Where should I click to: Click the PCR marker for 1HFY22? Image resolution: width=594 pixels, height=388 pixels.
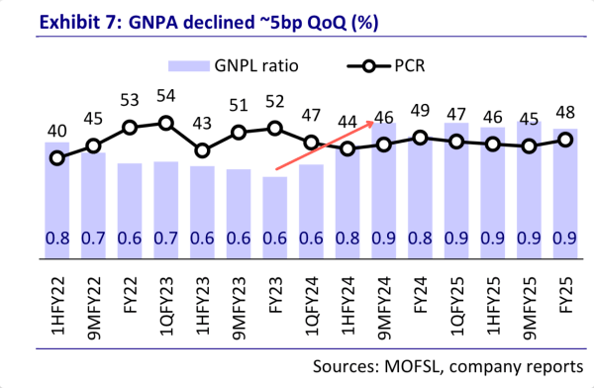pyautogui.click(x=57, y=156)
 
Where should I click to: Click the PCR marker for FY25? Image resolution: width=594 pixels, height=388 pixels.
pyautogui.click(x=566, y=140)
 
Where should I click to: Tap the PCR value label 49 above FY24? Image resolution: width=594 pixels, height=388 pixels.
pyautogui.click(x=421, y=110)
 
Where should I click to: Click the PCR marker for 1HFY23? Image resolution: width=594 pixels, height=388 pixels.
pyautogui.click(x=203, y=150)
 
